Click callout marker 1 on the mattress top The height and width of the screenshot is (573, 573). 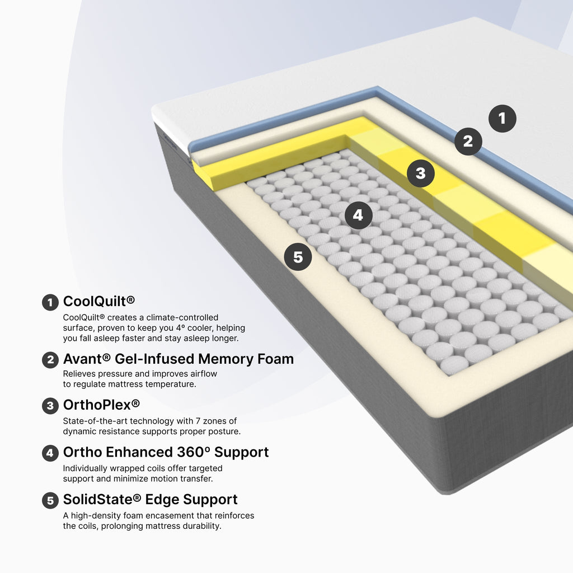click(502, 119)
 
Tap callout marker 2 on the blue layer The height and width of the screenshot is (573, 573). click(468, 142)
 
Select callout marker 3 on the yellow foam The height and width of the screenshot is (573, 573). click(421, 173)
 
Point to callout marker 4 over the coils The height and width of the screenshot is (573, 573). click(358, 215)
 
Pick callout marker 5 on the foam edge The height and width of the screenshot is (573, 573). click(298, 257)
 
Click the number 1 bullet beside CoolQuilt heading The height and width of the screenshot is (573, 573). click(50, 303)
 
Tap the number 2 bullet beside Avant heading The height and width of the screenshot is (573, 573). click(50, 360)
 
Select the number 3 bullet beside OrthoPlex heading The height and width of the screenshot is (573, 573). click(50, 406)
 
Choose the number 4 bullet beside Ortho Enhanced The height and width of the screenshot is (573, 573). click(50, 453)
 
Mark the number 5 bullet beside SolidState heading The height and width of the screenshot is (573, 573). click(50, 501)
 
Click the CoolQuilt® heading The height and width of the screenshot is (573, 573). click(98, 302)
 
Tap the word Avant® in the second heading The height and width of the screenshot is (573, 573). click(87, 359)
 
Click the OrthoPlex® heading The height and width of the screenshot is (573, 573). click(101, 405)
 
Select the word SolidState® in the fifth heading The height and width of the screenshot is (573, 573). click(102, 500)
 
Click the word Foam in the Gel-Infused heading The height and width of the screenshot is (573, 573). click(275, 359)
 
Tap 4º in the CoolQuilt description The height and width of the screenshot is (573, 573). click(180, 328)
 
